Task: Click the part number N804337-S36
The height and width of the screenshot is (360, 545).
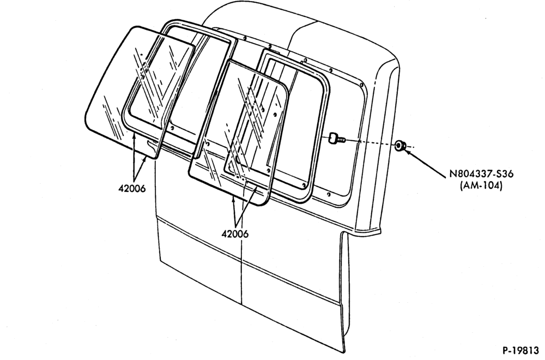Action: [481, 174]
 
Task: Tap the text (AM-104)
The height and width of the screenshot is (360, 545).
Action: [481, 186]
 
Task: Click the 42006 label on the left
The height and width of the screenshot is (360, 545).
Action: [132, 189]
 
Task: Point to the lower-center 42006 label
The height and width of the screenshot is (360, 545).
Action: [235, 234]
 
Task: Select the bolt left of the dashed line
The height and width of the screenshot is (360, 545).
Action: [336, 138]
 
